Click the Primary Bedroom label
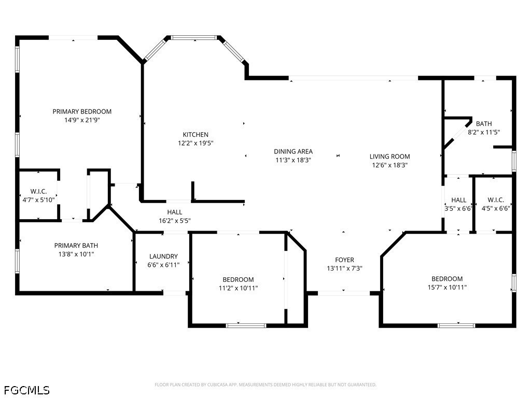(x=82, y=111)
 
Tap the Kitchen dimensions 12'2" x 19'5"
(x=195, y=143)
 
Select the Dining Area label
(x=293, y=151)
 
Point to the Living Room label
(x=389, y=157)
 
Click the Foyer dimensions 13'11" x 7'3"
(x=344, y=268)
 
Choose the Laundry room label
(x=163, y=257)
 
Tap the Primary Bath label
(x=76, y=246)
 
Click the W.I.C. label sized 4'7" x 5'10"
(x=39, y=191)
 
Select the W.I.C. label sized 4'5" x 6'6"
(x=496, y=200)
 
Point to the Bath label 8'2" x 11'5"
(x=484, y=124)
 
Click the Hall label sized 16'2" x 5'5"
(x=175, y=212)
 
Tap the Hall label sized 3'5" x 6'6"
(x=458, y=200)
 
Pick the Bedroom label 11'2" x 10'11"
(x=238, y=280)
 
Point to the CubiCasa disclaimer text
(x=265, y=385)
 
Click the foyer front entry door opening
(x=344, y=293)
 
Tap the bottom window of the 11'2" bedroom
(x=246, y=325)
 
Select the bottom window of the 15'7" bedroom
(x=456, y=325)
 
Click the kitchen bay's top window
(x=194, y=37)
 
